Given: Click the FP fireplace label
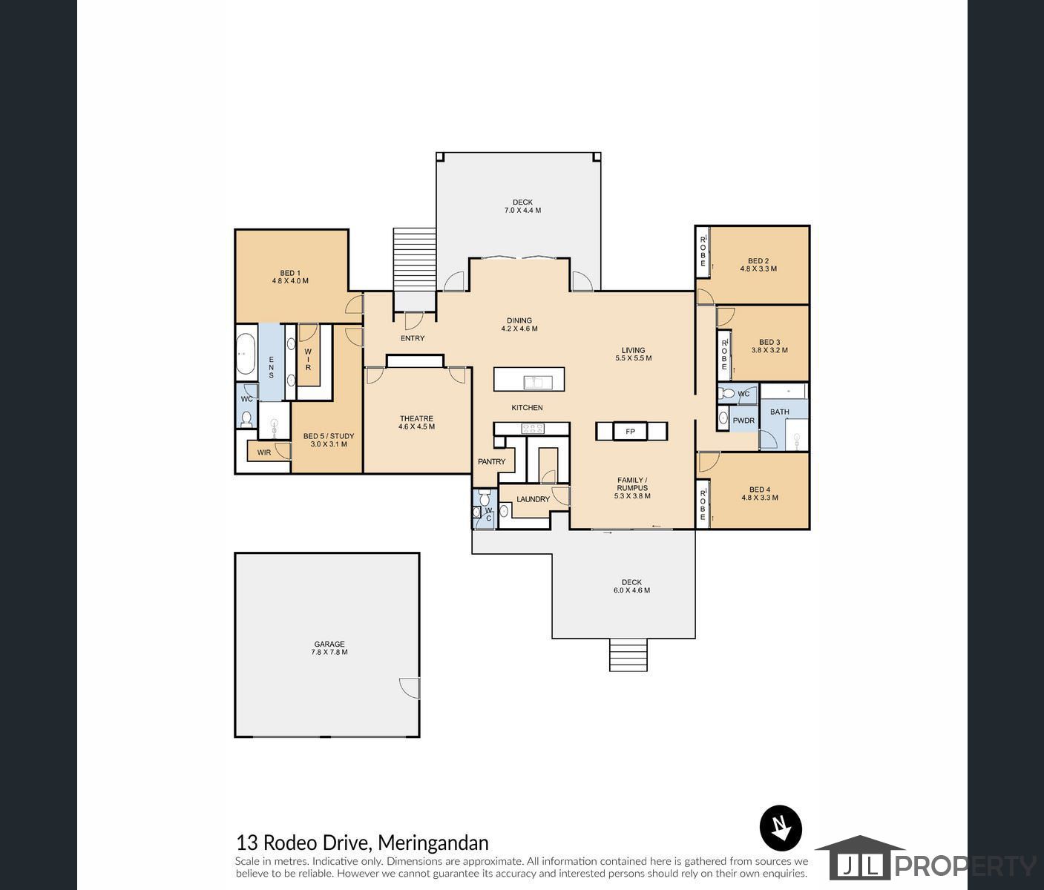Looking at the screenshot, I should point(631,431).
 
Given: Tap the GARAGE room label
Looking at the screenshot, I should point(329,645).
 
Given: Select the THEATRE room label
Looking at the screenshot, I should point(416,418).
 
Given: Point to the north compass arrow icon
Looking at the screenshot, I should point(781,828).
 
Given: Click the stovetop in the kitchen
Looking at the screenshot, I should point(533,428).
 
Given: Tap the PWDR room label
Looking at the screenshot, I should point(743,421).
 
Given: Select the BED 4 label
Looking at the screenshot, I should point(759,489).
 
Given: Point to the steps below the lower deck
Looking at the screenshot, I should point(628,656).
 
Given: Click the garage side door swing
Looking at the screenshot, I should point(409,688).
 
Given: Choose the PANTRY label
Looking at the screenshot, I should point(491,461).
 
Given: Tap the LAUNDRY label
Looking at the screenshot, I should point(533,499).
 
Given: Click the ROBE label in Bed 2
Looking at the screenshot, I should point(703,251).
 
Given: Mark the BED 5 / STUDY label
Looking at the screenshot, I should point(329,436).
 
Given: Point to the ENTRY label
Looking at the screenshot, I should point(413,338).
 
